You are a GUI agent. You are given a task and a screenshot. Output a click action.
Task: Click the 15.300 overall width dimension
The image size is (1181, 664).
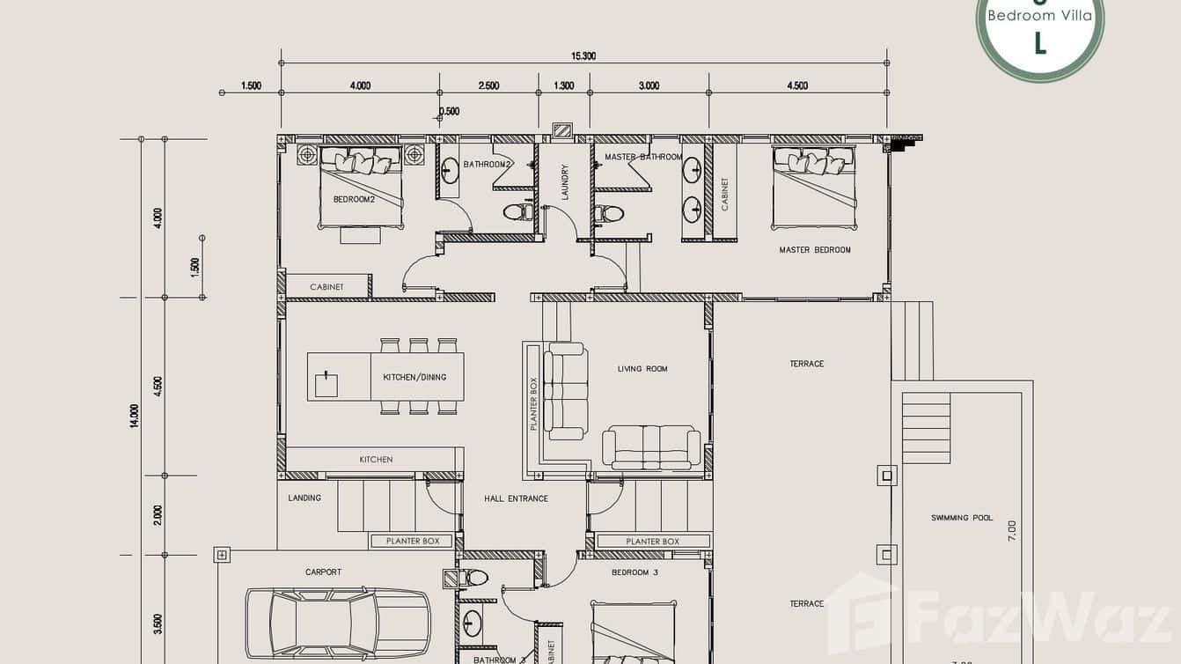pyautogui.click(x=583, y=55)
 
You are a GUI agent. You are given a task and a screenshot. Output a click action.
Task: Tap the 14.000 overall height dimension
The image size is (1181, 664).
pyautogui.click(x=134, y=416)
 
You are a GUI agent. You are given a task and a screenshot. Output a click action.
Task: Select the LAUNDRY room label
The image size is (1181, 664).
pyautogui.click(x=565, y=182)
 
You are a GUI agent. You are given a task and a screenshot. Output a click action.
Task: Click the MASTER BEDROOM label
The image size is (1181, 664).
pyautogui.click(x=814, y=250)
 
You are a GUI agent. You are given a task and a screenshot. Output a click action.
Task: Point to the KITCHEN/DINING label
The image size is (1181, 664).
pyautogui.click(x=414, y=377)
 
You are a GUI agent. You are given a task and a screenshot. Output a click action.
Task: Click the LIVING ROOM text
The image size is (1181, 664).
pyautogui.click(x=642, y=369)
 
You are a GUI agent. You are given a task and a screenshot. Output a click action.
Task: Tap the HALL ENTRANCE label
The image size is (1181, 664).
pyautogui.click(x=516, y=498)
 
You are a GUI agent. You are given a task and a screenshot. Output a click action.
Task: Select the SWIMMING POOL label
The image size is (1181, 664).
pyautogui.click(x=962, y=518)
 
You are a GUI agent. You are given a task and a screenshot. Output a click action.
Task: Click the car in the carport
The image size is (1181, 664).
pyautogui.click(x=337, y=620)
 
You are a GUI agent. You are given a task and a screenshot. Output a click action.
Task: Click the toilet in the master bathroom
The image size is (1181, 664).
pyautogui.click(x=609, y=213)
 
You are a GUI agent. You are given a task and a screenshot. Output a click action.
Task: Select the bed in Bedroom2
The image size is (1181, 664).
pyautogui.click(x=361, y=187)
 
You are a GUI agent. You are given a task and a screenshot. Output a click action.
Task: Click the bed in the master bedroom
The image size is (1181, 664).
pyautogui.click(x=813, y=187)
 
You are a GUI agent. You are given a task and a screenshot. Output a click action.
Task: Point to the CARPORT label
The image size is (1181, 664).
pyautogui.click(x=323, y=572)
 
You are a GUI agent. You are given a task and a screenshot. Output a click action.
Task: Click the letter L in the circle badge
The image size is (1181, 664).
pyautogui.click(x=1040, y=43)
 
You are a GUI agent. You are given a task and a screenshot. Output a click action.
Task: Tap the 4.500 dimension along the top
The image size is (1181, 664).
pyautogui.click(x=796, y=85)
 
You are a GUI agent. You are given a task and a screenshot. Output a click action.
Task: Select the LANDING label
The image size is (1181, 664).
pyautogui.click(x=304, y=498)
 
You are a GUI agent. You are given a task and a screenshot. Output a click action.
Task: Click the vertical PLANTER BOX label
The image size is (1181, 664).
pyautogui.click(x=533, y=404)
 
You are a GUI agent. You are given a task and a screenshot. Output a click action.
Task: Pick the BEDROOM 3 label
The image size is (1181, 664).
pyautogui.click(x=635, y=572)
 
